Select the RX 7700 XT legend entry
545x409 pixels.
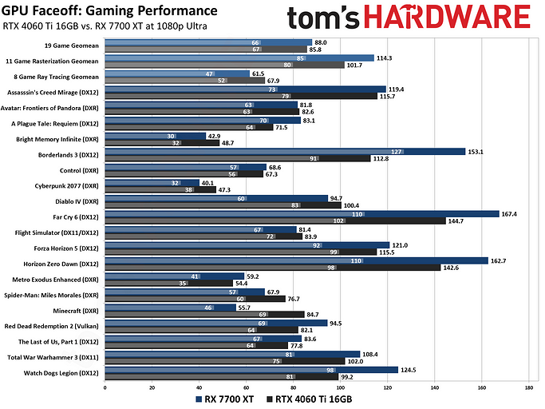[x=226, y=398]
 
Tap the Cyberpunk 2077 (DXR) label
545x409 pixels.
[x=72, y=185]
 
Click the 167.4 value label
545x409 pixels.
[x=510, y=213]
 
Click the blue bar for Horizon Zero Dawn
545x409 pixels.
[x=296, y=260]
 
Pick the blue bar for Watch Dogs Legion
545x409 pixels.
[x=251, y=369]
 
